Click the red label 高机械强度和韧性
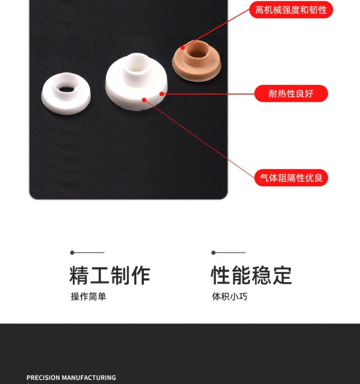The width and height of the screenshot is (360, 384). pos(291,10)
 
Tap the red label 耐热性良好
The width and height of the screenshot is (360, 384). pos(291,93)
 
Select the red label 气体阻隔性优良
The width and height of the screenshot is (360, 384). pos(291,178)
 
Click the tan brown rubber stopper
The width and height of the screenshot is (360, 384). pos(197,61)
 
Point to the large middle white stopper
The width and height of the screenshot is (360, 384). pos(137,82)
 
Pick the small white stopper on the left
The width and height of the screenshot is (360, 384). pos(66,94)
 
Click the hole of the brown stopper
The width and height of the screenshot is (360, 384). pos(198,54)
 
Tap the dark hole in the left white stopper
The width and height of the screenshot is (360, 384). pos(66,89)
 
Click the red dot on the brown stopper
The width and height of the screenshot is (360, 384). pos(183,48)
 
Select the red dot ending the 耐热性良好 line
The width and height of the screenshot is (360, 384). pos(162,94)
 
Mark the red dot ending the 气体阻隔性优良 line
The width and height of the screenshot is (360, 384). pos(144,100)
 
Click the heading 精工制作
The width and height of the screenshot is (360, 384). pos(110,276)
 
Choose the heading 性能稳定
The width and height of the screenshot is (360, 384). pos(251,276)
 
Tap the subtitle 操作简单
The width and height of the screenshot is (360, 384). pos(88,297)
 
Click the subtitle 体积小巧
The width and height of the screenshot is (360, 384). pos(230,297)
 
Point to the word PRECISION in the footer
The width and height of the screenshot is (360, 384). pos(43,377)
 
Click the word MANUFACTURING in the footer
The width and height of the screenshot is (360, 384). pos(89,377)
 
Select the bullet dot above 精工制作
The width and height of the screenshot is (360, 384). pos(72,252)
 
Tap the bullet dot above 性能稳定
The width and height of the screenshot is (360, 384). pos(213,252)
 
